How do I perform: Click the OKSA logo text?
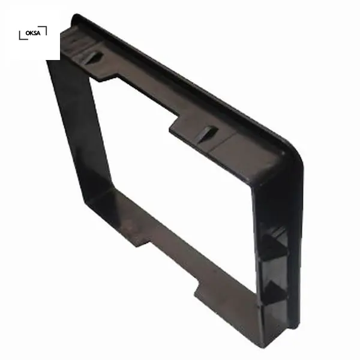(x=33, y=33)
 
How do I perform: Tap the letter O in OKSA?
(x=28, y=33)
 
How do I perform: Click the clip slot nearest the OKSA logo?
(x=92, y=57)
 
